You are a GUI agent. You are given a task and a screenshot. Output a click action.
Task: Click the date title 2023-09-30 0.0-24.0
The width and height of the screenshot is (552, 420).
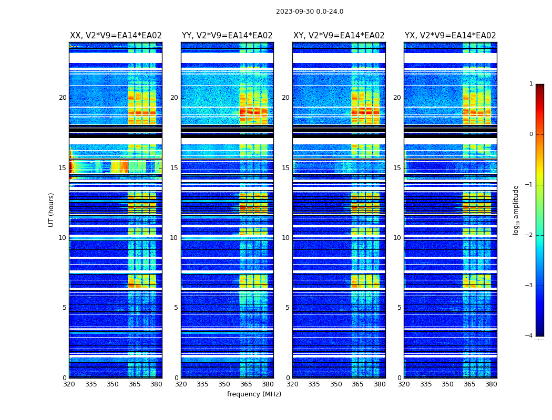tap(310, 12)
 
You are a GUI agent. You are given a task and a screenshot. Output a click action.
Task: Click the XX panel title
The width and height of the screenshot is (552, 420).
tap(116, 36)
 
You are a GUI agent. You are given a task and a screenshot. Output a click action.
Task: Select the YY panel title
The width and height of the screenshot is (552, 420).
tap(227, 36)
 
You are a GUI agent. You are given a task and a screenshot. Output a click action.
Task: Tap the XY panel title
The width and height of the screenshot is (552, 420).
tap(339, 36)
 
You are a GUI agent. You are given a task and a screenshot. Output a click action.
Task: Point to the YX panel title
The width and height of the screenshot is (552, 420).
tap(450, 36)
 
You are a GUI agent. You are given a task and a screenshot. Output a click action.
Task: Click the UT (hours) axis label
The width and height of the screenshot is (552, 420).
tap(52, 209)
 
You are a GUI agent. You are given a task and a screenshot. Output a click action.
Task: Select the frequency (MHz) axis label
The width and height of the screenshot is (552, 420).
tap(254, 394)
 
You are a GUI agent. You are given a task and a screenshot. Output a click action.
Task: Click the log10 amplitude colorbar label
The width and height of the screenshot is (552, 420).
tap(516, 209)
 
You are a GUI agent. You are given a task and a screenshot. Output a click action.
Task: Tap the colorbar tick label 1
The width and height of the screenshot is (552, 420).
tap(530, 84)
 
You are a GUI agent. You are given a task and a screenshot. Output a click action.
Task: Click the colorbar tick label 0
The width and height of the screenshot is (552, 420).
tap(530, 134)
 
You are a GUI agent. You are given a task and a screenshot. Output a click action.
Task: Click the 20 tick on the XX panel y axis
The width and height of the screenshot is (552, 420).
tap(63, 98)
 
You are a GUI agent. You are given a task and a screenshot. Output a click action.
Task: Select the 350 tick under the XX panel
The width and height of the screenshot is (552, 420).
tap(113, 384)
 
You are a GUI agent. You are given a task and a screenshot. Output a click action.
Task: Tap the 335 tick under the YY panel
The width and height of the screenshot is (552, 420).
tap(202, 384)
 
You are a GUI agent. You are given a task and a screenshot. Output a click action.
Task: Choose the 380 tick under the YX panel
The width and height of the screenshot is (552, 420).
tap(491, 384)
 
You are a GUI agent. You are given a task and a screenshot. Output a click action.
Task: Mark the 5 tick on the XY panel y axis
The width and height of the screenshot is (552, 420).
tap(288, 308)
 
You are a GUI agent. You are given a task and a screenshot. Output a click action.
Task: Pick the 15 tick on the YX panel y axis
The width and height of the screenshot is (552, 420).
tap(397, 168)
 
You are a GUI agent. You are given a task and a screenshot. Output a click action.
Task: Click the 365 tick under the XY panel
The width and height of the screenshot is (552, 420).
tap(357, 384)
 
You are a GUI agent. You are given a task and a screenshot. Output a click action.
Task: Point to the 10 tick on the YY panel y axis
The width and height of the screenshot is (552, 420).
tap(174, 238)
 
